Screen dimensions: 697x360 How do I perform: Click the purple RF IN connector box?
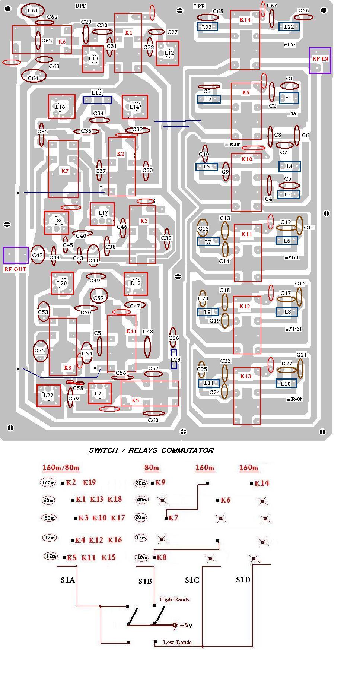320,60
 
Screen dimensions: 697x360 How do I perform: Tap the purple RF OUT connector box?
16,256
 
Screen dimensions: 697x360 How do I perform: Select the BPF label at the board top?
81,6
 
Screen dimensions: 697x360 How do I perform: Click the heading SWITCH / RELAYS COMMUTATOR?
151,450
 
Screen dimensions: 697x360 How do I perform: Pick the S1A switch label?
68,580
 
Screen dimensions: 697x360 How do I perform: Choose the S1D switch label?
243,580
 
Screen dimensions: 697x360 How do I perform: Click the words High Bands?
174,599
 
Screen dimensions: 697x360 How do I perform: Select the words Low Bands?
177,642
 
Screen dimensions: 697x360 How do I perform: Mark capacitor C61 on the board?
33,11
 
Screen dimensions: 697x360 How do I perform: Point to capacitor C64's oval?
34,77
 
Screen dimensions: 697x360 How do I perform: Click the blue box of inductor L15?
97,99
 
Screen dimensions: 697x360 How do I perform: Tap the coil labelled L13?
93,59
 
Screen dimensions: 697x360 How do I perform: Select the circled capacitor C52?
98,297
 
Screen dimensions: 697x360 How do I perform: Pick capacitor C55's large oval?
40,351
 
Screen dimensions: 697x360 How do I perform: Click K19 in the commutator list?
89,482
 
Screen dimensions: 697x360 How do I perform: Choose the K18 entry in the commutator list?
115,499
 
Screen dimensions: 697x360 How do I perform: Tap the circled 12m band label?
51,556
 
